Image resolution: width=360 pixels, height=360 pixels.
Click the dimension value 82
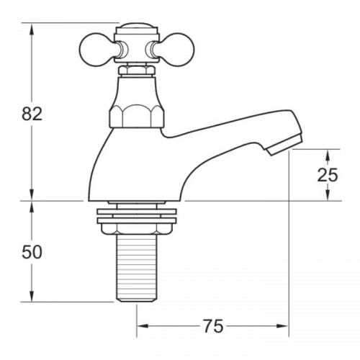click(32, 113)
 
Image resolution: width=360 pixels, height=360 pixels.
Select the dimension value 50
click(32, 252)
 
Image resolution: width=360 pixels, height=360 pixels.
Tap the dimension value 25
click(328, 175)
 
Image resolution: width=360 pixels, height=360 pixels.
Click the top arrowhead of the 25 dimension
click(328, 153)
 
